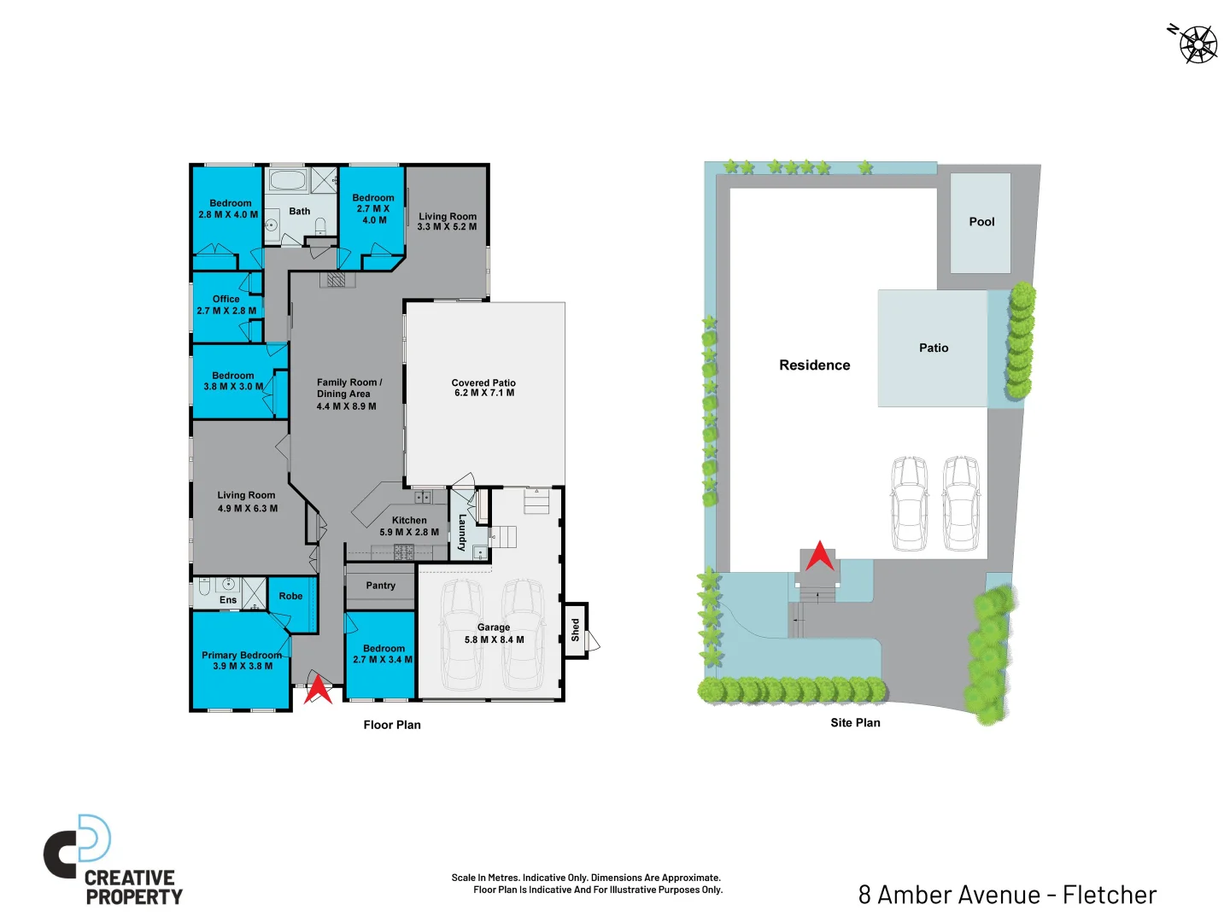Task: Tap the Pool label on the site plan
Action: tap(981, 222)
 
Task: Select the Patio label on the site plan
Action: tap(934, 348)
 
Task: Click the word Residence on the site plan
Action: tap(814, 365)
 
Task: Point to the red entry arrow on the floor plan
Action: tap(319, 689)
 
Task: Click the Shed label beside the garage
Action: tap(576, 630)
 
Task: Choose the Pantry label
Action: tap(381, 586)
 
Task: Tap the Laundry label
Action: tap(462, 533)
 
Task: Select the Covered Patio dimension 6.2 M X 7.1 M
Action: tap(484, 394)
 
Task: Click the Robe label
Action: tap(290, 596)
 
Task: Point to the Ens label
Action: tap(228, 600)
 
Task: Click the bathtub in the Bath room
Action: tap(287, 181)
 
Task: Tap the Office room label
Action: tap(225, 299)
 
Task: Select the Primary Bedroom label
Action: tap(242, 655)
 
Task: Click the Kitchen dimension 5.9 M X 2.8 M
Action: tap(409, 532)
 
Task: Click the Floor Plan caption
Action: tap(392, 725)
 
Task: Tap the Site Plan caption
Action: tap(855, 723)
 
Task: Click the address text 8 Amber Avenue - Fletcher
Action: tap(1007, 895)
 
